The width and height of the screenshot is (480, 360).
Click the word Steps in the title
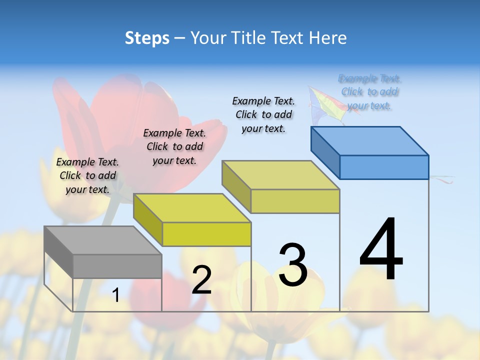click(x=146, y=38)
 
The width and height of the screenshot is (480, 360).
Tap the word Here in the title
click(x=328, y=38)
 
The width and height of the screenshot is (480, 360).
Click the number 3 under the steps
click(x=293, y=264)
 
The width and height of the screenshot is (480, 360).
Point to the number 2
click(x=201, y=279)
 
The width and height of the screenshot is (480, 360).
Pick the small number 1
click(x=116, y=295)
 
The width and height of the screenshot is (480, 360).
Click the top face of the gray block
click(x=102, y=240)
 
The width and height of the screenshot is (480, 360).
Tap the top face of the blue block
click(x=369, y=140)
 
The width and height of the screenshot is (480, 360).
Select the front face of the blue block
click(x=384, y=167)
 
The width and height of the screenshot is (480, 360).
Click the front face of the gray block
click(x=117, y=266)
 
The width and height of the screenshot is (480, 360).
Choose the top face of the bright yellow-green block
click(x=192, y=207)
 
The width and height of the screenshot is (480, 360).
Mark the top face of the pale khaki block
click(x=280, y=175)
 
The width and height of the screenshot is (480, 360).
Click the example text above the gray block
click(x=87, y=175)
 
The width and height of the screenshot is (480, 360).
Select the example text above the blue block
click(x=369, y=92)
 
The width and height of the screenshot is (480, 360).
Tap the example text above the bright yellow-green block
click(x=174, y=146)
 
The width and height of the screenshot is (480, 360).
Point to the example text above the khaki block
click(x=263, y=114)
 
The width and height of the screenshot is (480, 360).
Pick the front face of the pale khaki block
click(x=295, y=201)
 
